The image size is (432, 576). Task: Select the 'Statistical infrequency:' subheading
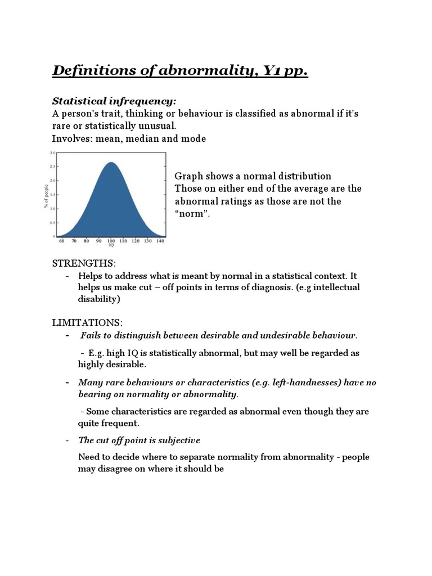coord(114,101)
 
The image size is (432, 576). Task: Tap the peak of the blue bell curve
coord(111,163)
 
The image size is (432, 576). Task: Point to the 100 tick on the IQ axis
coord(111,241)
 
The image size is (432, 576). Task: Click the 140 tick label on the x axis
coord(160,241)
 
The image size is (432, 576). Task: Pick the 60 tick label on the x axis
coord(62,241)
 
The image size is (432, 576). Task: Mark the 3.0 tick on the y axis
coord(53,153)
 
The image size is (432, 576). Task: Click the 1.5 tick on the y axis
coord(53,195)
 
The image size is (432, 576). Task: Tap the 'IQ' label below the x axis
coord(111,246)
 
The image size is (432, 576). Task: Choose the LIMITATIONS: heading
coord(87,322)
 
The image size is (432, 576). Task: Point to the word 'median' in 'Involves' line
coord(143,138)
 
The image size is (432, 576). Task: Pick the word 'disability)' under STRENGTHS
coord(100,299)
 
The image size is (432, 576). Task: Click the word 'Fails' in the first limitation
coord(91,336)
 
